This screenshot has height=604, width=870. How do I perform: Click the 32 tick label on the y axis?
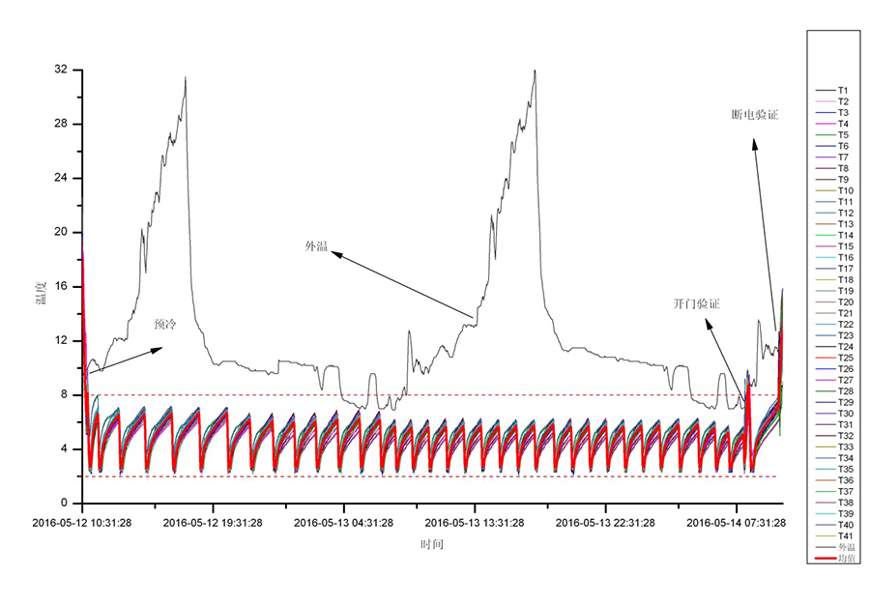(x=61, y=70)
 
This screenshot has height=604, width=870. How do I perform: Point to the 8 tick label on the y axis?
(x=64, y=394)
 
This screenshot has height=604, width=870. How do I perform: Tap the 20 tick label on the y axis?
(x=61, y=232)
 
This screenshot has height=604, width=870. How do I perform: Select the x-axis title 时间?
(x=432, y=544)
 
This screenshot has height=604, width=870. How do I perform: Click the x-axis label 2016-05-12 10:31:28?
(x=82, y=523)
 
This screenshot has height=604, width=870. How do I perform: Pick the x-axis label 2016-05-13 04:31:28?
(x=344, y=523)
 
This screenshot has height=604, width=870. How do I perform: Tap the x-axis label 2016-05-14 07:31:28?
(x=736, y=523)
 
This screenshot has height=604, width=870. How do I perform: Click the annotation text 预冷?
(x=165, y=325)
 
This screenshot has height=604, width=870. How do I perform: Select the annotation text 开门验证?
(x=697, y=303)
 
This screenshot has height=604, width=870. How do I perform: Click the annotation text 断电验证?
(x=755, y=115)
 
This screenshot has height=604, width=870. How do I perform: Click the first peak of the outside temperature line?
(x=186, y=77)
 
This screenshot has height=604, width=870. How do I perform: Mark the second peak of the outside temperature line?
(x=534, y=71)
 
